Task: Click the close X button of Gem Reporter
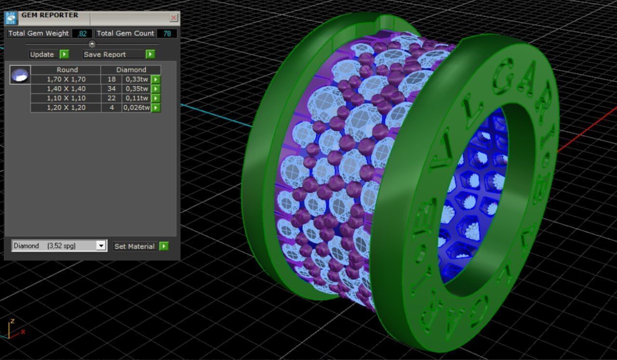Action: click(174, 18)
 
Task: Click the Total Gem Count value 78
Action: click(167, 33)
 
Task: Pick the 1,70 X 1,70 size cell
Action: click(66, 80)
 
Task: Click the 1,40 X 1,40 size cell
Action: click(66, 89)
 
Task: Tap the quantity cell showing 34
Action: click(111, 89)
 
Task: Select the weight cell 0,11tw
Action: click(136, 98)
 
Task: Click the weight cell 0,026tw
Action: click(136, 107)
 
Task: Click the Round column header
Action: click(67, 70)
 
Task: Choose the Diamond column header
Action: click(131, 70)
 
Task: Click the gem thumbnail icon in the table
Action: click(20, 75)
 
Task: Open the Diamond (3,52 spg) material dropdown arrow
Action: click(101, 246)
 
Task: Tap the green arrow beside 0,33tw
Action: click(156, 80)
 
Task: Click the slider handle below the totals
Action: click(92, 44)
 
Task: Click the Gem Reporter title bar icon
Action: click(11, 18)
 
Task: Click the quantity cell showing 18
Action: click(111, 80)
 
